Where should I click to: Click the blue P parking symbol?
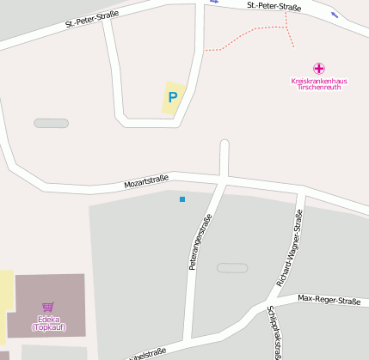[173, 97]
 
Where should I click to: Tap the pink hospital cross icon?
[319, 68]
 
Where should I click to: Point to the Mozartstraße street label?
[147, 181]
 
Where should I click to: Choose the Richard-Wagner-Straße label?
[290, 247]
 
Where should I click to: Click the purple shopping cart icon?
[47, 307]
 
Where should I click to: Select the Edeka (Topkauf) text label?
[47, 323]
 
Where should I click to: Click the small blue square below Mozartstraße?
[182, 199]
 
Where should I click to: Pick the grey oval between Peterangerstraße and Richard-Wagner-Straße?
[232, 268]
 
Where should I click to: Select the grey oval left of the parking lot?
[51, 123]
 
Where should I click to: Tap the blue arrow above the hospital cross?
[334, 15]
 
